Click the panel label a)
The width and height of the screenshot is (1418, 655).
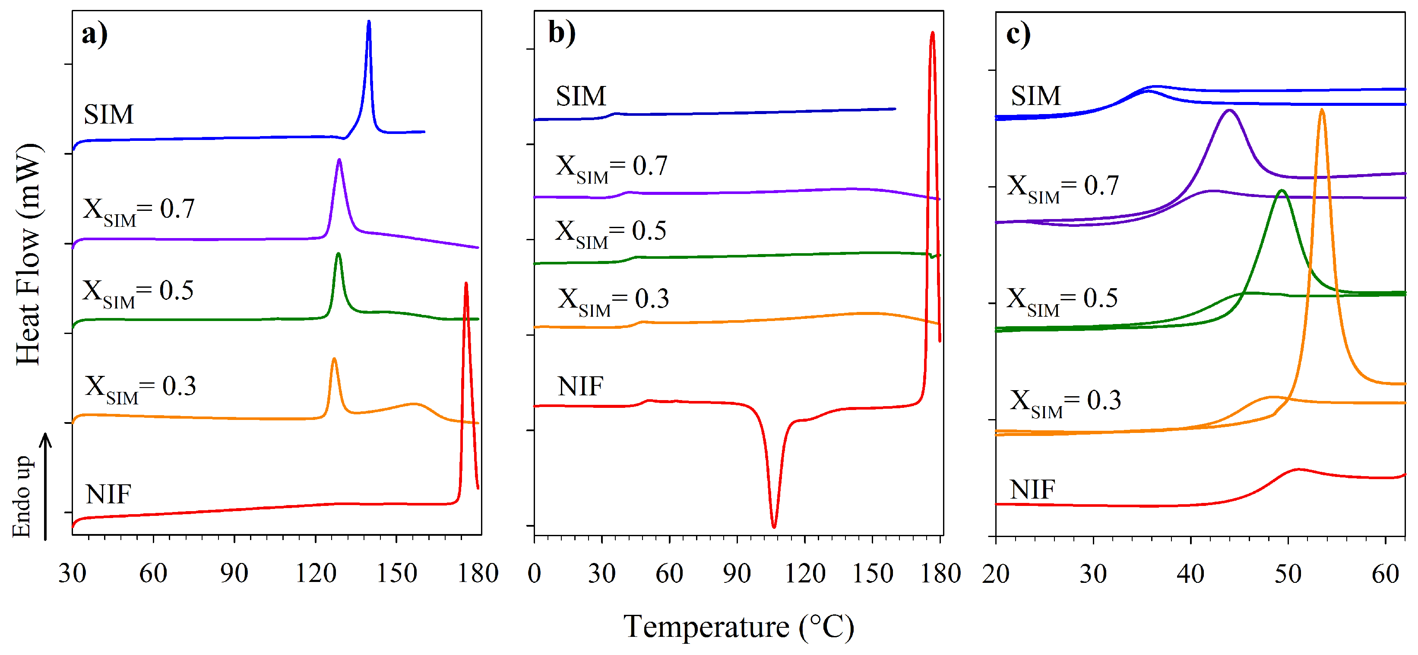(x=94, y=34)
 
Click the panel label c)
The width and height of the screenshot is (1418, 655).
(x=1018, y=34)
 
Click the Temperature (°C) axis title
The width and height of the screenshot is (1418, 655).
(x=738, y=626)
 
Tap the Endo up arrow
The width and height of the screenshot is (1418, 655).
(x=46, y=485)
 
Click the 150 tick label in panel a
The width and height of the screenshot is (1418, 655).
(x=396, y=573)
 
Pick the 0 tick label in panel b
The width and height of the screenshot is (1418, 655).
(x=534, y=573)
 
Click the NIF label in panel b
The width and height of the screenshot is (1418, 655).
(x=580, y=386)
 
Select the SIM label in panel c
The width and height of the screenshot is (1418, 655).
(x=1035, y=96)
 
